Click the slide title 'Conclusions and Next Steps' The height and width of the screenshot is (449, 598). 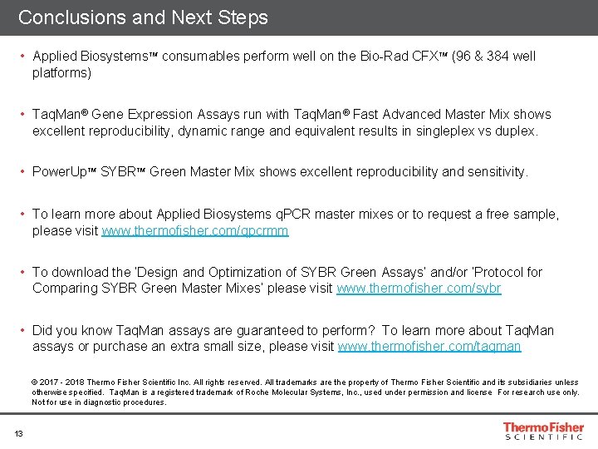click(x=143, y=17)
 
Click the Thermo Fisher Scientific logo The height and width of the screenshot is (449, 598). click(x=543, y=431)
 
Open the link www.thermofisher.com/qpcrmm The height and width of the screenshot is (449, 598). click(x=195, y=230)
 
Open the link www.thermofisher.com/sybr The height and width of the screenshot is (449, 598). click(x=419, y=289)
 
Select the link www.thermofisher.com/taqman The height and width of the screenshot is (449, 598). click(x=429, y=347)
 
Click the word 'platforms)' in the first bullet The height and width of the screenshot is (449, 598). click(x=61, y=73)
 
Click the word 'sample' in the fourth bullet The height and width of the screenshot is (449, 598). click(x=537, y=214)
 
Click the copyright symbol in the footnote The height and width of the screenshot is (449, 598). click(x=36, y=382)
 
